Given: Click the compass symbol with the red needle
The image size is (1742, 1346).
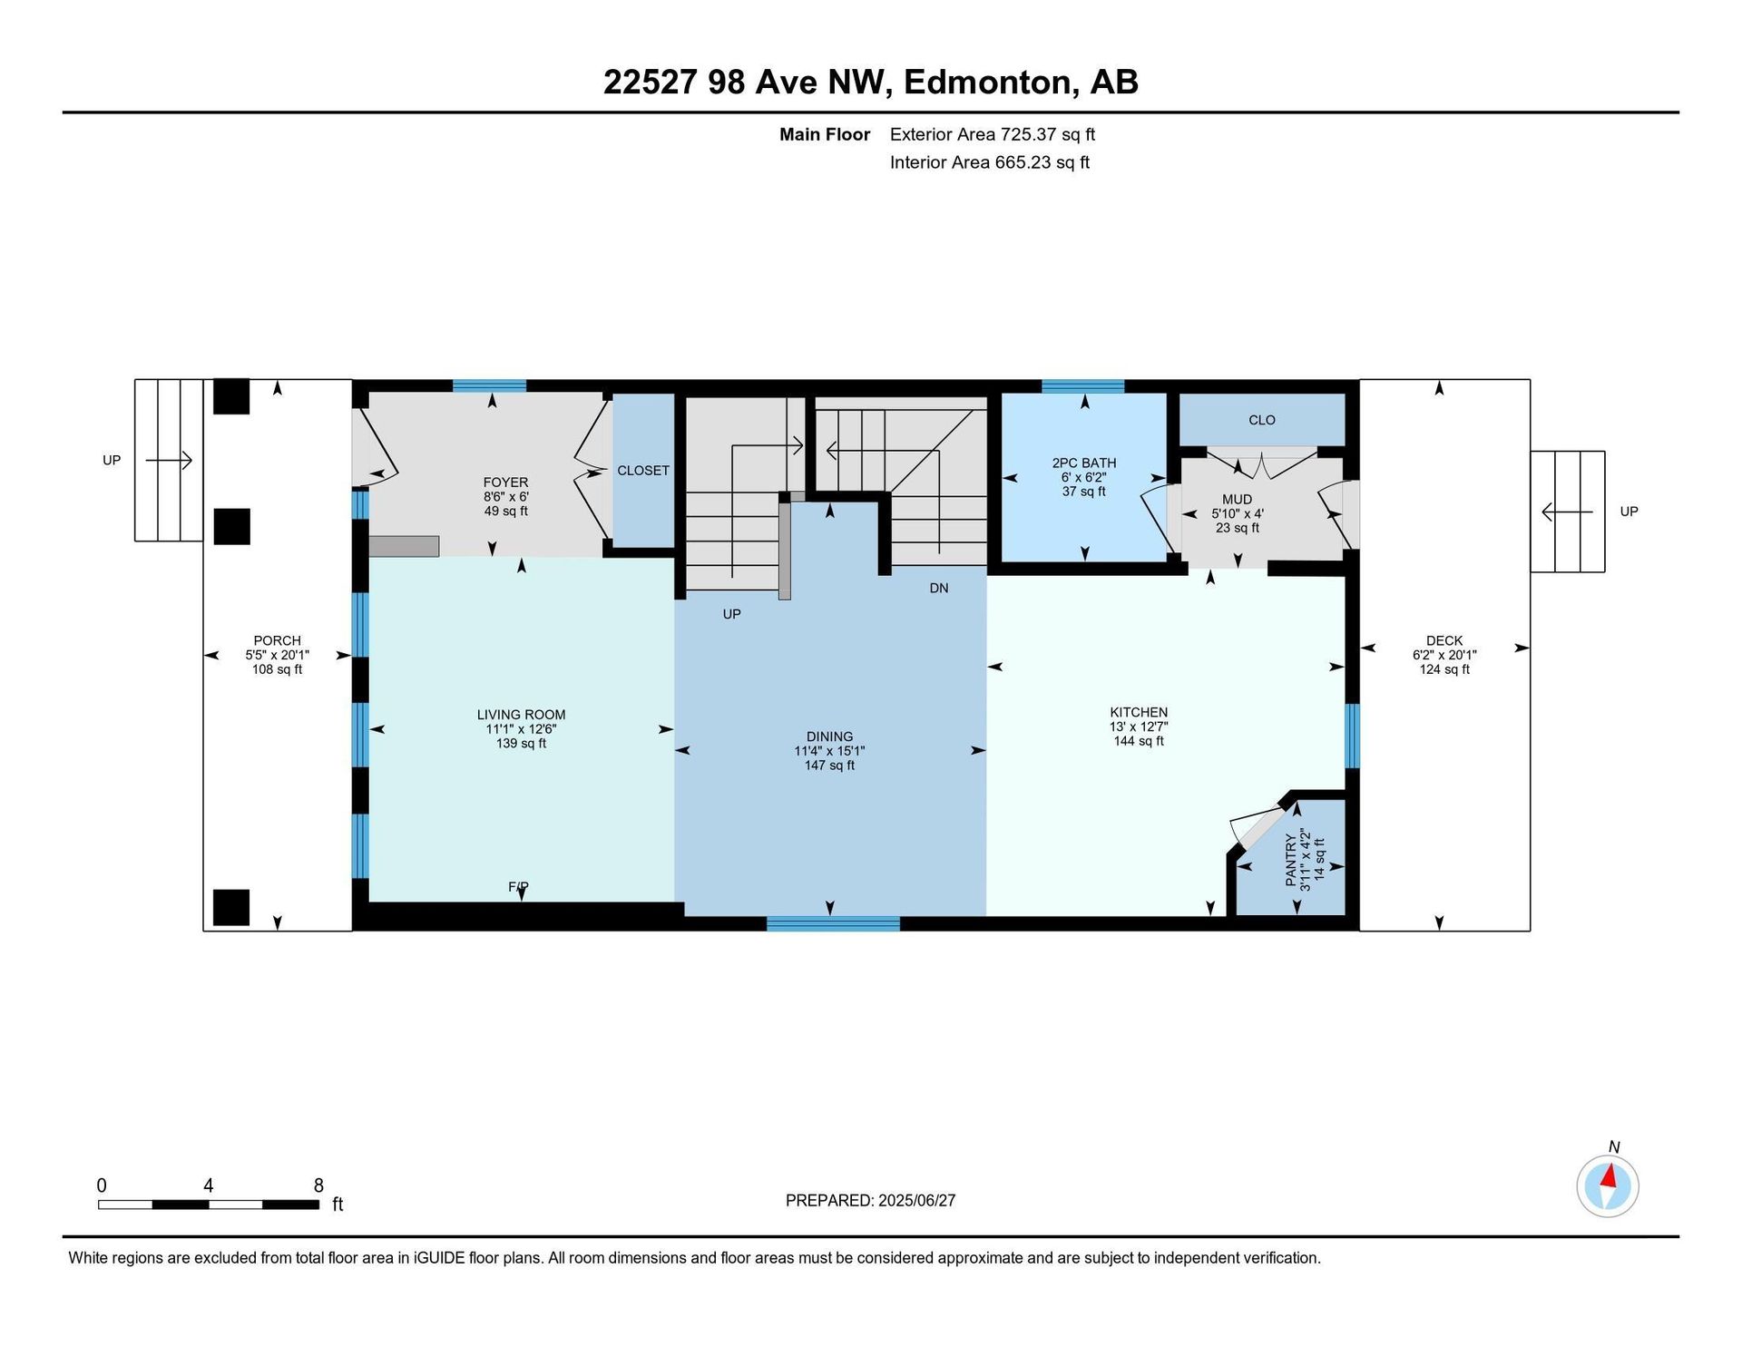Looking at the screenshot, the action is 1607,1185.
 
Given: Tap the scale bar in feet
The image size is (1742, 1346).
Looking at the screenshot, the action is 209,1205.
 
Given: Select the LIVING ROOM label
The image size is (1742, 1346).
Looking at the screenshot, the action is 521,715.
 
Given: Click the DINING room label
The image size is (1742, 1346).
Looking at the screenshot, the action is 829,736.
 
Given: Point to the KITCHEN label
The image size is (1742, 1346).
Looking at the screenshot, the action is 1139,712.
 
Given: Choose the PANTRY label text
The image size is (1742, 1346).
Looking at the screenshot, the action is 1291,860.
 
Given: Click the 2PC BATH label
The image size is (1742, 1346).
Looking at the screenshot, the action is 1084,463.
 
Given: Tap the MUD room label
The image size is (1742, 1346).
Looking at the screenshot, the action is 1237,499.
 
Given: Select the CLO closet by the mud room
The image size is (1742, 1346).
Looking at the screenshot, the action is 1262,420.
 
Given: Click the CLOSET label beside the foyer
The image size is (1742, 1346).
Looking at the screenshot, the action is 643,470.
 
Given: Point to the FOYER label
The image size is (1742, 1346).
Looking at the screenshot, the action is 505,483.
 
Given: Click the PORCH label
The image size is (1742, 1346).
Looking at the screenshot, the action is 277,640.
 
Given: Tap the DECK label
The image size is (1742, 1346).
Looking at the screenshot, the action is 1444,640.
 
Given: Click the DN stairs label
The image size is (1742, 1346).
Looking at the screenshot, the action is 939,588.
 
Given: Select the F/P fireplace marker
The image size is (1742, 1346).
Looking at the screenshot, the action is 518,886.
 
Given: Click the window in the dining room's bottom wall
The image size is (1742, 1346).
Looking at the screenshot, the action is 833,923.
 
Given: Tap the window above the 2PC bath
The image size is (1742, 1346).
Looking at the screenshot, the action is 1082,386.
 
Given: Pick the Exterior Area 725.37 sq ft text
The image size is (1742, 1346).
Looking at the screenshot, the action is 993,134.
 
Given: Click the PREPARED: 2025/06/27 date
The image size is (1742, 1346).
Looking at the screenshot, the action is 870,1200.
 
